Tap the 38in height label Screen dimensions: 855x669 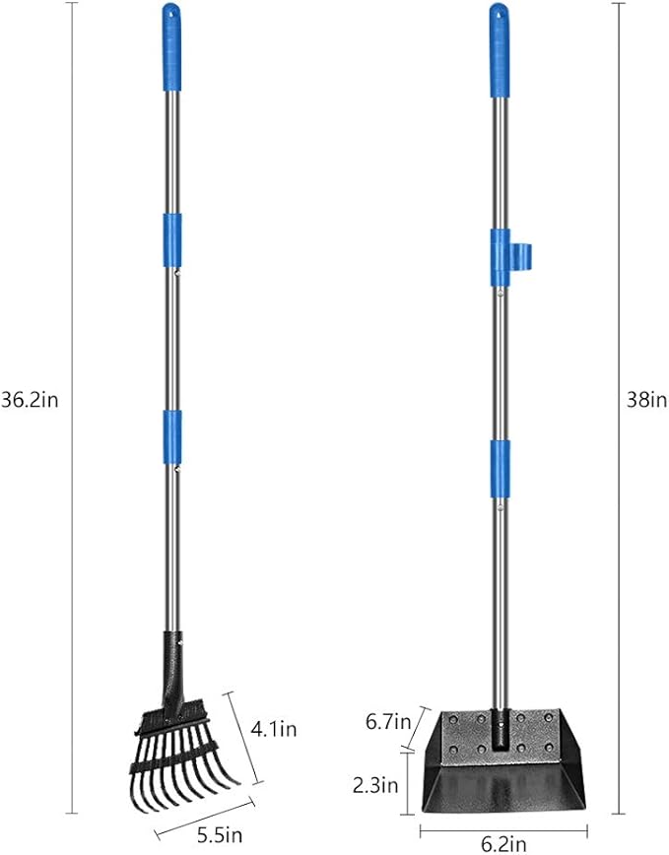(645, 400)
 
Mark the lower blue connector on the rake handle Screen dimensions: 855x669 (172, 430)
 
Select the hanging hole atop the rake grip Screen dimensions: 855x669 (171, 13)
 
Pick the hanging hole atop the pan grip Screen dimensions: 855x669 (499, 14)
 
